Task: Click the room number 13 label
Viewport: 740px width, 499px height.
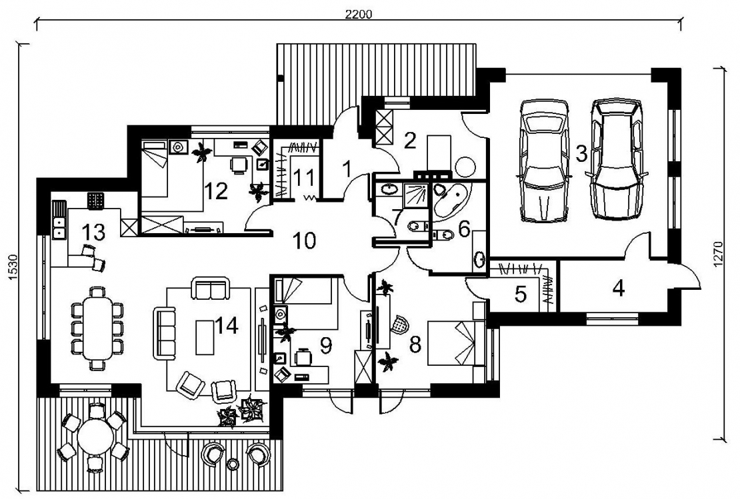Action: [x=93, y=232]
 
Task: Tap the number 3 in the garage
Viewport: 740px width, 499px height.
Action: [x=581, y=154]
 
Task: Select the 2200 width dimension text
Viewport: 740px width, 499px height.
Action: [x=359, y=14]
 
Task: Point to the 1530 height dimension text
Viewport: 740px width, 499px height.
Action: [x=13, y=268]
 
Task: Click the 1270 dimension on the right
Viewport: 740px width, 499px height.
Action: [x=718, y=254]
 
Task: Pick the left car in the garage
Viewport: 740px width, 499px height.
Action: [x=543, y=161]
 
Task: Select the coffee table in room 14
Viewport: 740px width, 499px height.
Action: [x=205, y=336]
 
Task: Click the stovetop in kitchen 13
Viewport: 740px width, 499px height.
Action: [x=95, y=200]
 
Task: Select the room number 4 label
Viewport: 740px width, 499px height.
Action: [x=618, y=288]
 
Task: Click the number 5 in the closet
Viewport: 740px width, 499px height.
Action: [x=520, y=294]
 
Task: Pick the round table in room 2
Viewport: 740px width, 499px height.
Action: [x=466, y=167]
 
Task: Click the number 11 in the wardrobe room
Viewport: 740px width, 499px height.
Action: [x=303, y=179]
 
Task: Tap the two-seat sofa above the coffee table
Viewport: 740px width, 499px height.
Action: [x=211, y=288]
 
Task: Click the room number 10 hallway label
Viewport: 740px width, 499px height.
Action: [x=305, y=241]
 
